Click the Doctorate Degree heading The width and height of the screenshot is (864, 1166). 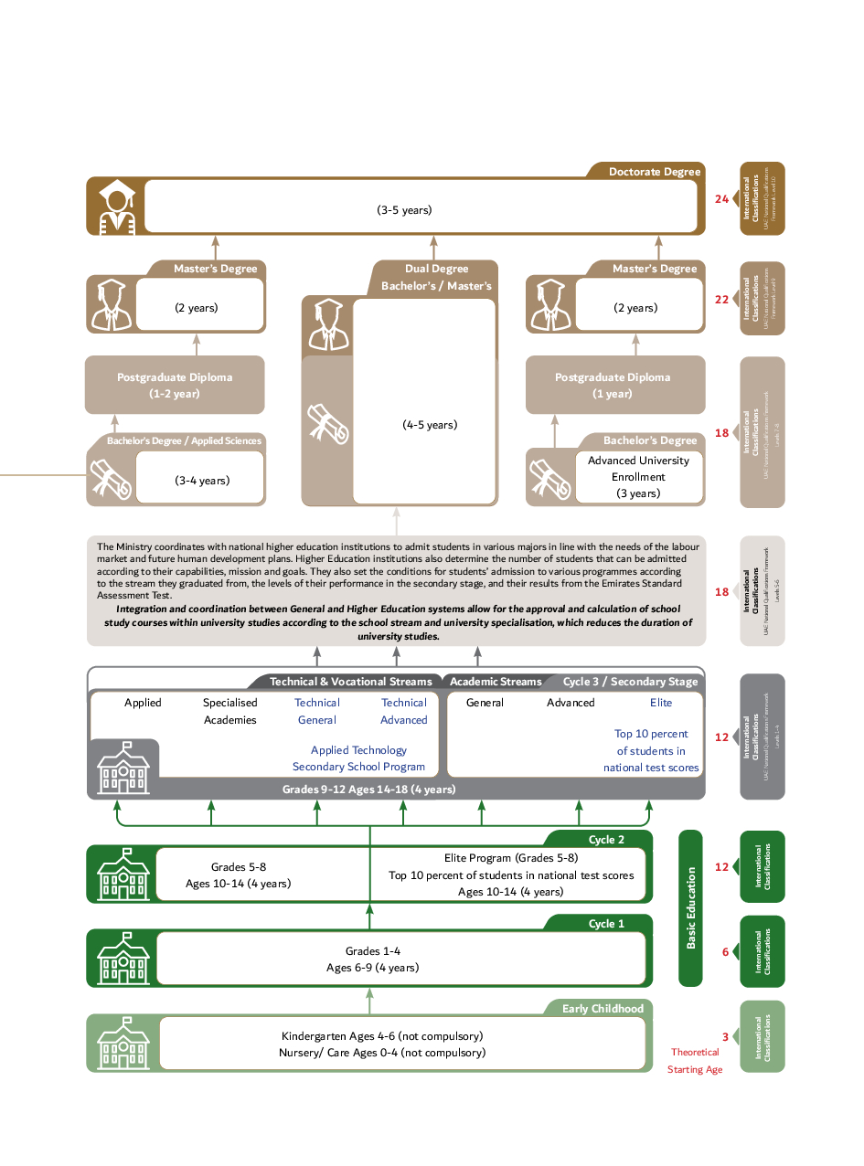tap(655, 172)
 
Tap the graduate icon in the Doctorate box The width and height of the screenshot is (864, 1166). tap(115, 207)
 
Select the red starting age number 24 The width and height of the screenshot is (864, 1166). tap(721, 198)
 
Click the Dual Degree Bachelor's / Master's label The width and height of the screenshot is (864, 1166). tap(436, 277)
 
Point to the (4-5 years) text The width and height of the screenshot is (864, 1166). tap(430, 425)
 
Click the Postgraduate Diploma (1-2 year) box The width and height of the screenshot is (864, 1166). tap(175, 385)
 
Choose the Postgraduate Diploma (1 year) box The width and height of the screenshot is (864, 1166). tap(613, 385)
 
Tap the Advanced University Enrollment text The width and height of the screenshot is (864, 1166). tap(638, 468)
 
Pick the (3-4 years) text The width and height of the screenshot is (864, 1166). tap(202, 480)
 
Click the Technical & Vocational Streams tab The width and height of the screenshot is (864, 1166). tap(350, 682)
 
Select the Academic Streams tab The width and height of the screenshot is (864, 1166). tap(496, 682)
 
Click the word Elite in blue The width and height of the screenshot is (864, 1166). tap(661, 703)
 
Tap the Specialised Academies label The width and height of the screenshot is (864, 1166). tap(230, 711)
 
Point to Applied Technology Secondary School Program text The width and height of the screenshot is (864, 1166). tap(358, 758)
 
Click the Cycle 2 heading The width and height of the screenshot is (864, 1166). tap(606, 840)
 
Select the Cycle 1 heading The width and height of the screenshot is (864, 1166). tap(606, 924)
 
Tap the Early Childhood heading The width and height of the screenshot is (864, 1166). tap(603, 1009)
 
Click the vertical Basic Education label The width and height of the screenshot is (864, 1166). tap(690, 907)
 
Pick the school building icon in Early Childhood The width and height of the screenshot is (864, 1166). tap(123, 1044)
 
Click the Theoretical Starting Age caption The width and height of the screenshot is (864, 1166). tap(695, 1061)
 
